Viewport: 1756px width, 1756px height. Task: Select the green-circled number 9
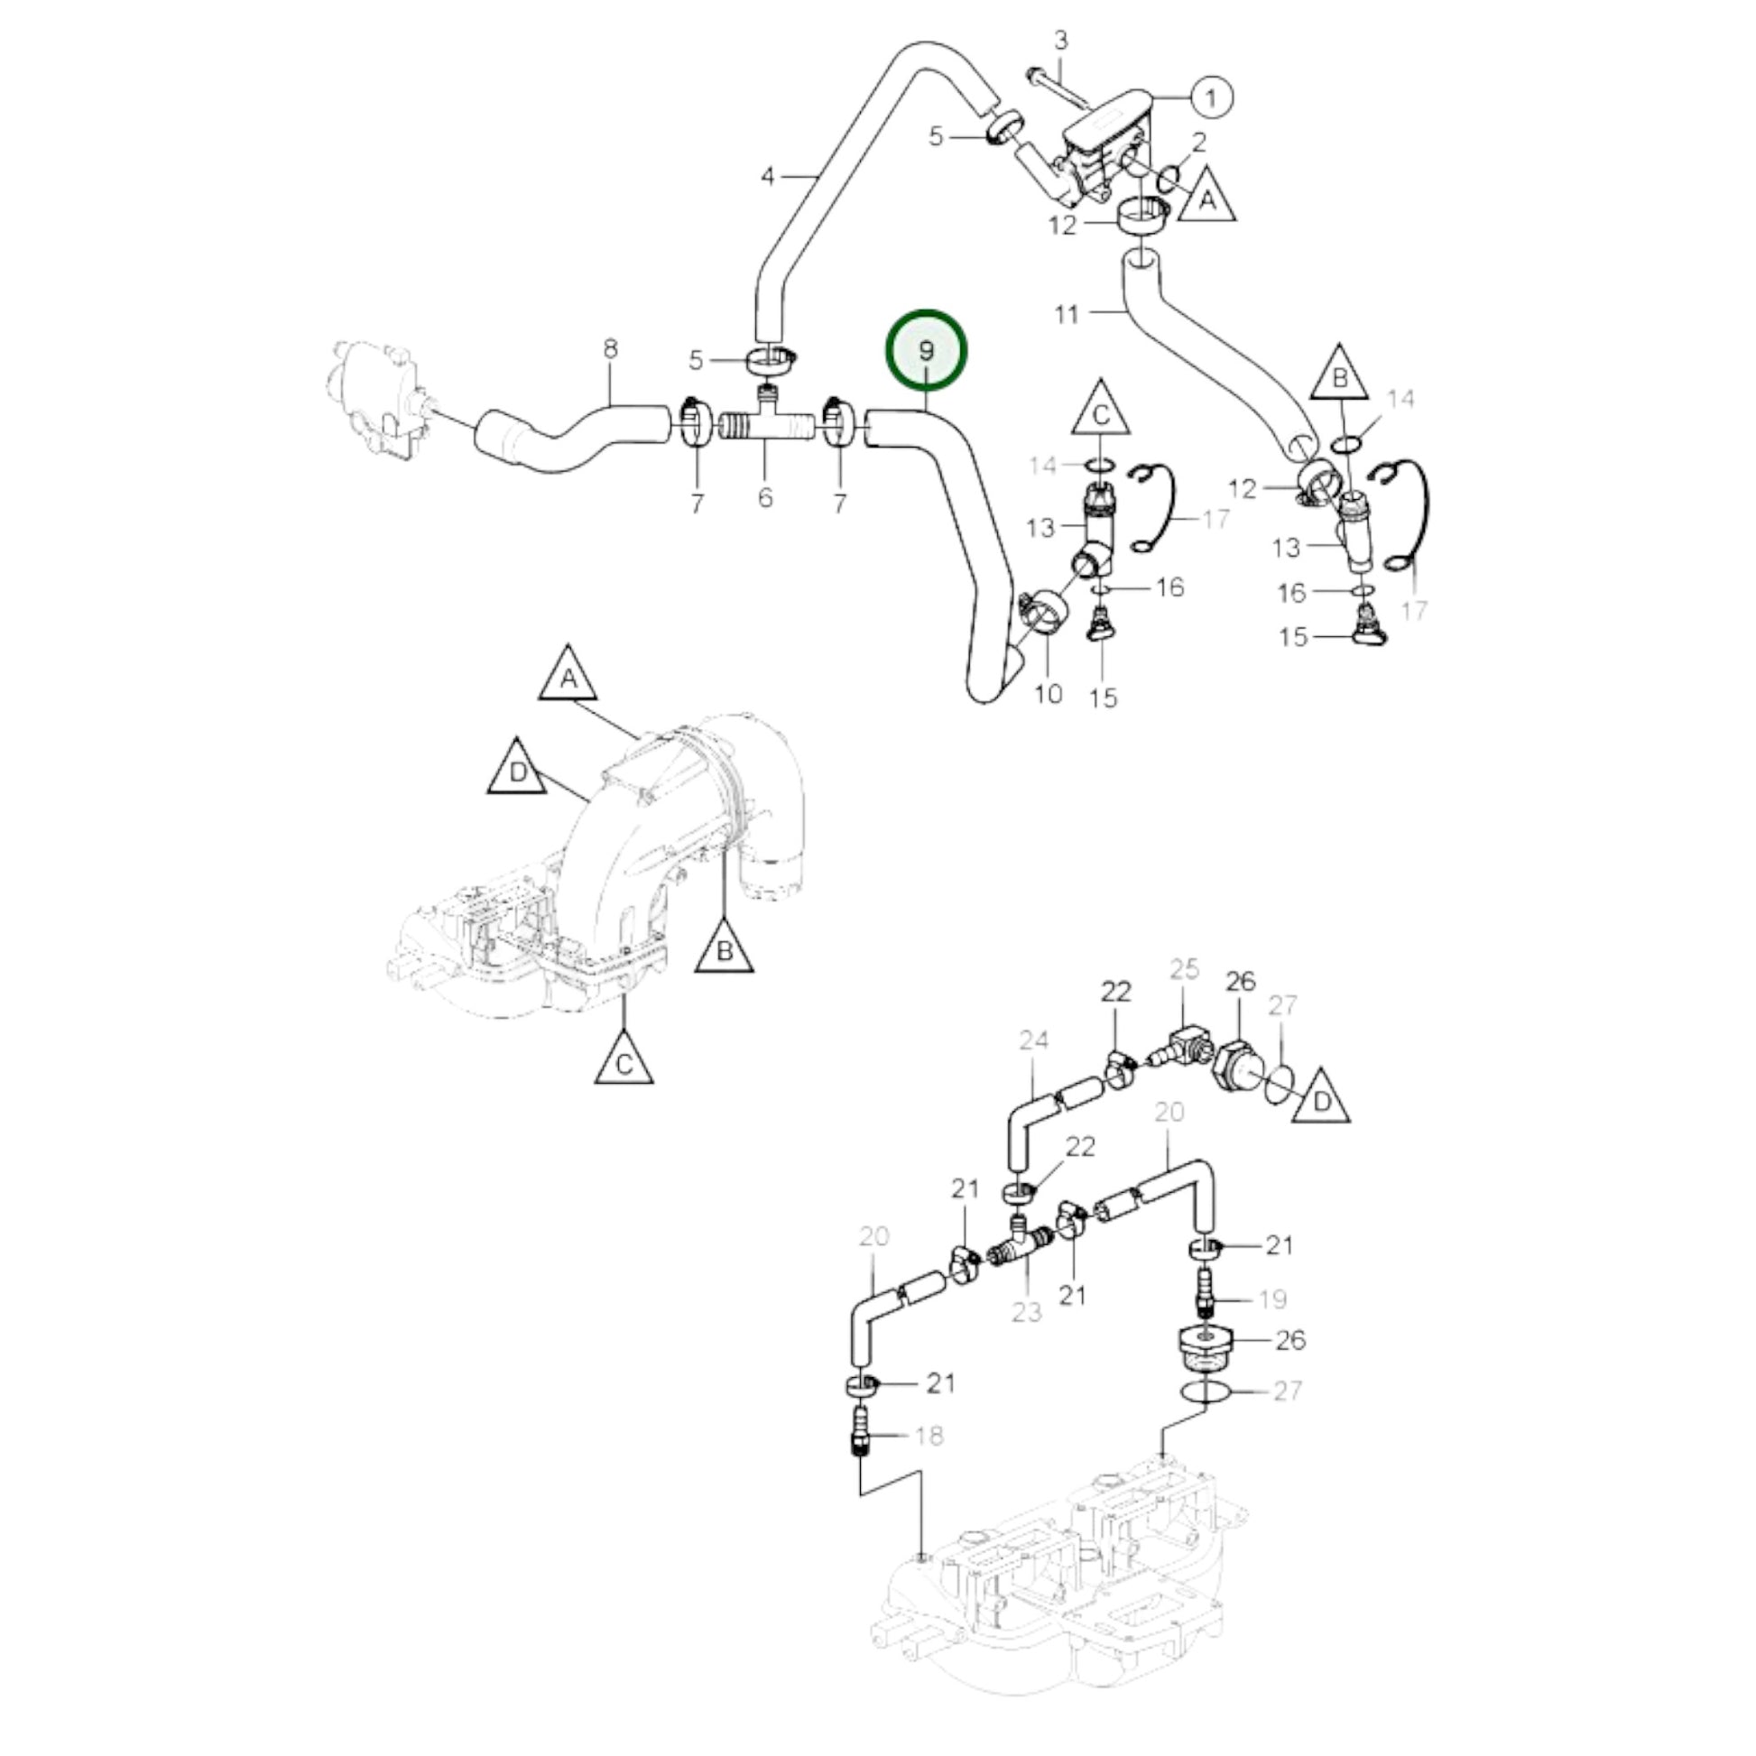point(926,351)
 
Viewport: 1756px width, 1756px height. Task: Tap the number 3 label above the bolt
point(1060,41)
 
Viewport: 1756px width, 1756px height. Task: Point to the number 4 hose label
point(769,175)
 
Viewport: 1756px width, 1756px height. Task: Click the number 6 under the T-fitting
point(765,497)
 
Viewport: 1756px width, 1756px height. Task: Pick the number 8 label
point(610,349)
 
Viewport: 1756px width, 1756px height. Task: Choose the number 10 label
point(1049,694)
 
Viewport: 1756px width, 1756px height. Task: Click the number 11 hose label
point(1067,315)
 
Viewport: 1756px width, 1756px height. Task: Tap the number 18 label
point(929,1436)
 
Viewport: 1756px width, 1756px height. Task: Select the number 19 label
point(1273,1299)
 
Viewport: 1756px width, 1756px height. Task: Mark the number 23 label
point(1026,1312)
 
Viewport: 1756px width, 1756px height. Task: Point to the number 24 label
point(1033,1040)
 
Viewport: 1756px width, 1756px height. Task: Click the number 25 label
point(1184,969)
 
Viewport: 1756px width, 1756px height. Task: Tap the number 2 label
point(1199,142)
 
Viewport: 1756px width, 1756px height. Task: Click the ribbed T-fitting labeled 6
point(765,425)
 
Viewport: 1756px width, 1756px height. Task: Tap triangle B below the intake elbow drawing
point(725,948)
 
